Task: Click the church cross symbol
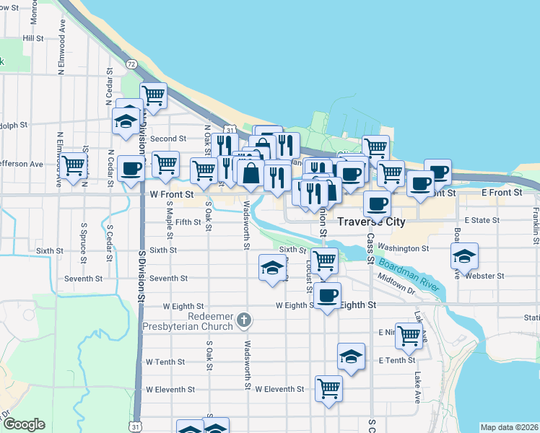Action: coord(245,319)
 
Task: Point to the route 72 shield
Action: coord(131,64)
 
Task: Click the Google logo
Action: coord(24,424)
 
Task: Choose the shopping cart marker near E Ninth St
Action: coord(409,335)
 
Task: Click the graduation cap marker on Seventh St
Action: coord(271,268)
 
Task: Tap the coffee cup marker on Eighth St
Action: coord(328,295)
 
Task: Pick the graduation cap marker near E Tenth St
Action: coord(351,357)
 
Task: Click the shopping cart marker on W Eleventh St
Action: coord(328,388)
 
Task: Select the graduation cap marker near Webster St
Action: coord(464,255)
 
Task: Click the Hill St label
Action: coord(33,38)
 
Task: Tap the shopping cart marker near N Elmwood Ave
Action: coord(74,166)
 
